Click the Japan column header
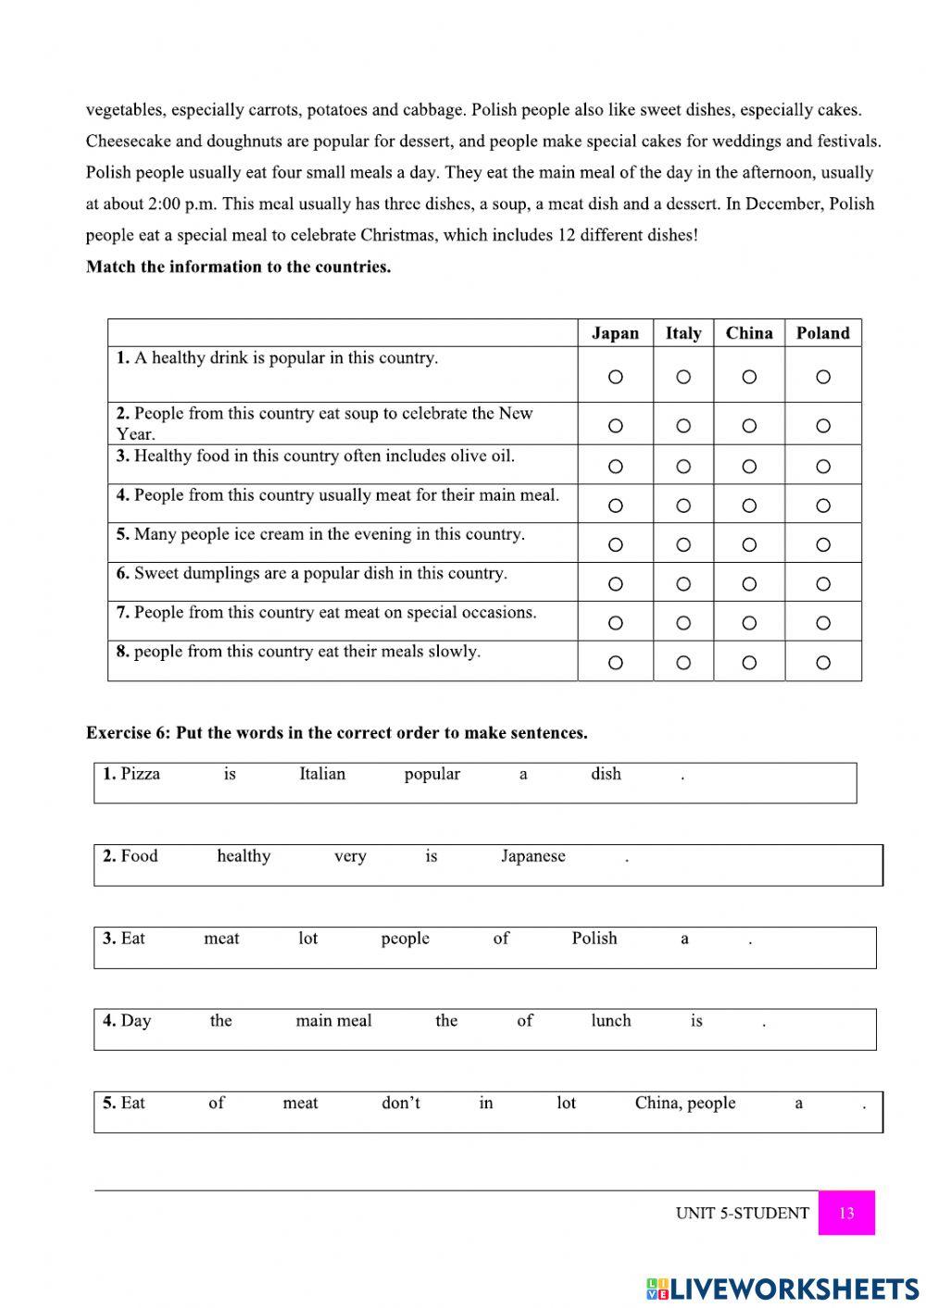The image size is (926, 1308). pos(615,333)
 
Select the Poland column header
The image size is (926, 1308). pos(822,333)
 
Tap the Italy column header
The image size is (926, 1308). pos(682,333)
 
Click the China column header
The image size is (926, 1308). pos(748,333)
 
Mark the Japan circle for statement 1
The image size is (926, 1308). pos(616,377)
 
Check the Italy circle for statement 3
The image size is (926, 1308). pos(683,467)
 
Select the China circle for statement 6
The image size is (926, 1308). pos(749,584)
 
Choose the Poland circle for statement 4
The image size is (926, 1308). pos(823,505)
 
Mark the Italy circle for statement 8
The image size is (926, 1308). pos(683,663)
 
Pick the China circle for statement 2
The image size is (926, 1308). pos(749,426)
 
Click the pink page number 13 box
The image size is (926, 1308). pos(846,1213)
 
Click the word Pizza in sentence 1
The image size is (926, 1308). pos(140,774)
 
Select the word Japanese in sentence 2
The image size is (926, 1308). pos(532,856)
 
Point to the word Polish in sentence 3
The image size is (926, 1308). pos(594,938)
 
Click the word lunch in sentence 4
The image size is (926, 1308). pos(610,1020)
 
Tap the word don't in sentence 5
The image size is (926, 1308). pos(400,1102)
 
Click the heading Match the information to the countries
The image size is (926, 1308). pos(238,267)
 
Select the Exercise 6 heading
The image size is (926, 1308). pos(336,732)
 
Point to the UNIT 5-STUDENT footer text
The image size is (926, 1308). pos(742,1213)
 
